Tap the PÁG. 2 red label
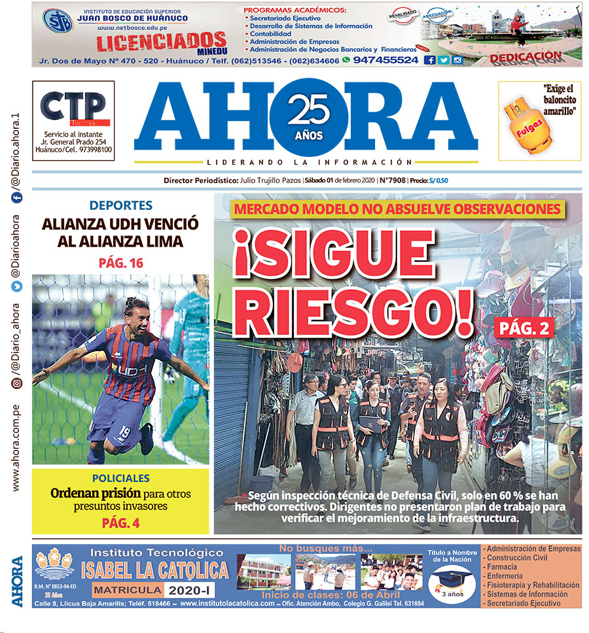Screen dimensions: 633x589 524,328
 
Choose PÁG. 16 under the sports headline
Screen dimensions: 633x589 120,264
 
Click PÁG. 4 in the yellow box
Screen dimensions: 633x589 120,522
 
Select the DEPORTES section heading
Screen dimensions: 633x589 120,205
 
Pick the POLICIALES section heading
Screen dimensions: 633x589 120,478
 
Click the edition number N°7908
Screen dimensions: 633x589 392,181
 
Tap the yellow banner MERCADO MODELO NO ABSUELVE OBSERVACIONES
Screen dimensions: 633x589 397,209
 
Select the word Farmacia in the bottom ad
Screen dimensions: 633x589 503,566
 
